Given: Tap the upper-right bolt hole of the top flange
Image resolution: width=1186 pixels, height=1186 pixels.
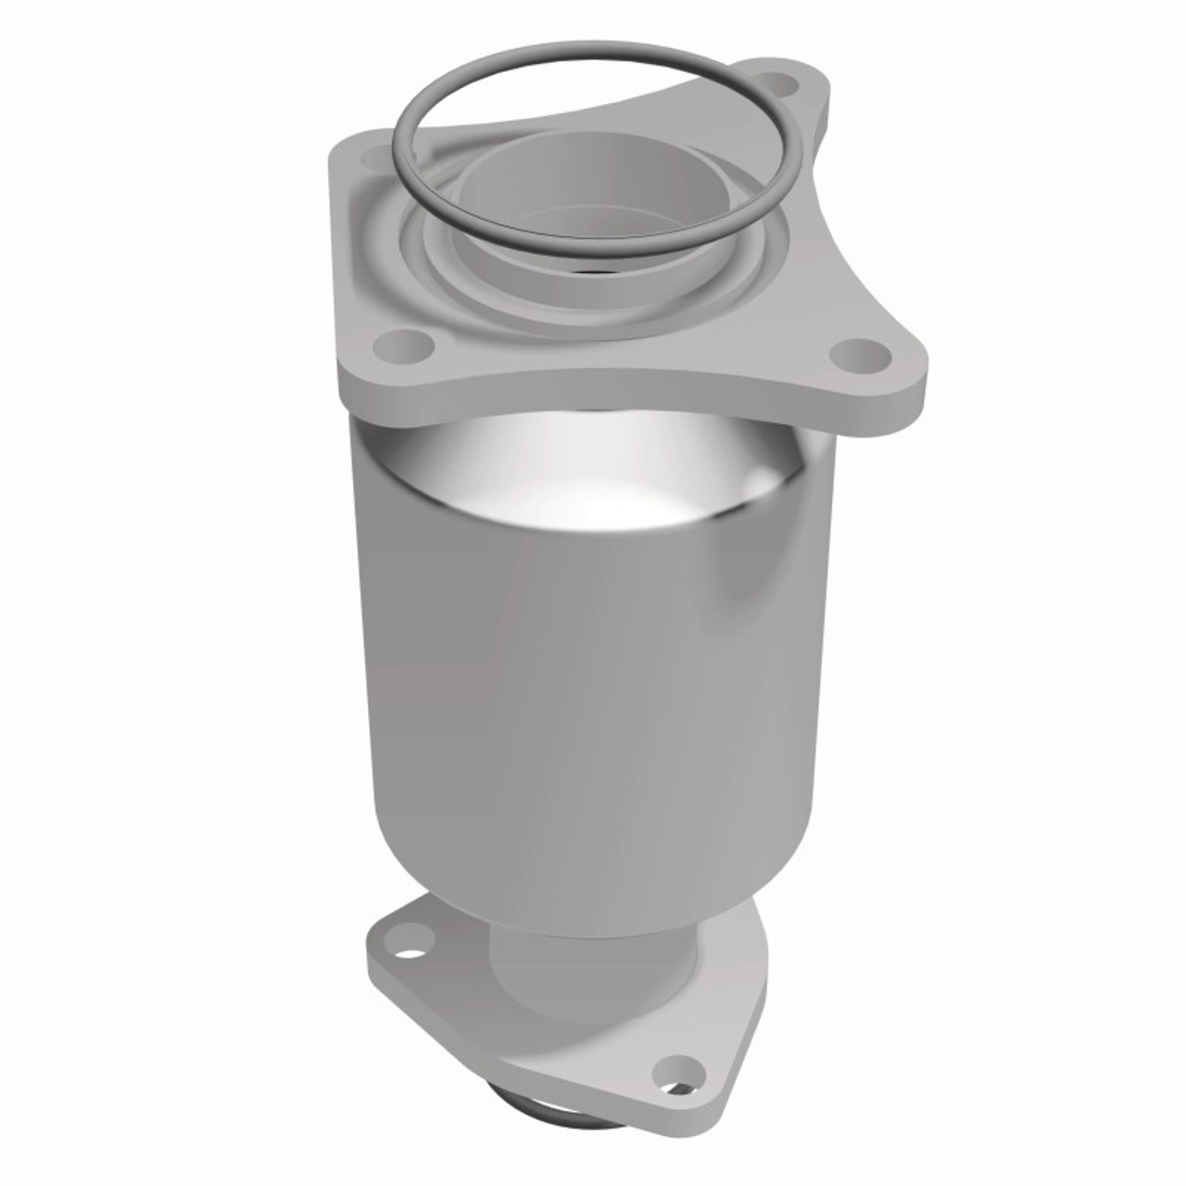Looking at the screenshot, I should point(788,85).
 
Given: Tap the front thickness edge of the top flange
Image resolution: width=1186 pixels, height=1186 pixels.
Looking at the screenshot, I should point(612,394).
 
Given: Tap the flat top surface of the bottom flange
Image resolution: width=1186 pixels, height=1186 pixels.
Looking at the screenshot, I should point(556,1047).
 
